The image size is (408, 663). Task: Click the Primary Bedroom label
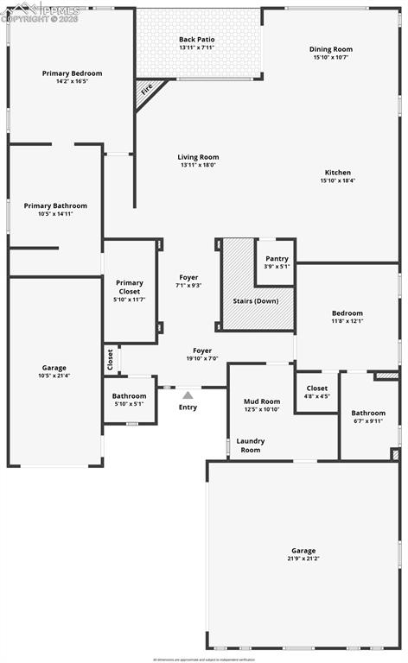[72, 73]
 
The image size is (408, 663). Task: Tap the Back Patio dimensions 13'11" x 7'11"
[198, 47]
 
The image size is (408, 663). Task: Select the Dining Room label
[332, 49]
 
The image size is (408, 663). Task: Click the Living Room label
[198, 157]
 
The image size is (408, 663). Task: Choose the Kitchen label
[338, 171]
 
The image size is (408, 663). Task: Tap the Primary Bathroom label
[55, 205]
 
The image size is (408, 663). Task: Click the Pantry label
[277, 258]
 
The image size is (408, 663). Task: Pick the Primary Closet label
[130, 287]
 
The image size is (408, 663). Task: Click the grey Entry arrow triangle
[188, 395]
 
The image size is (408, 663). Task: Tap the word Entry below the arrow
[188, 407]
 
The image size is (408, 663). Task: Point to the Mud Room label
[261, 401]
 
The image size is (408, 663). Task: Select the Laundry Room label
[251, 445]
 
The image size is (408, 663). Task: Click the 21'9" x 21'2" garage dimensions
[303, 559]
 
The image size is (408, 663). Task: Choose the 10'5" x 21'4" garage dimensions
[54, 376]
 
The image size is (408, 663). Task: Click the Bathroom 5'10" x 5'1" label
[130, 396]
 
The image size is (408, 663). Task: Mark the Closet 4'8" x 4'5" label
[317, 388]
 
